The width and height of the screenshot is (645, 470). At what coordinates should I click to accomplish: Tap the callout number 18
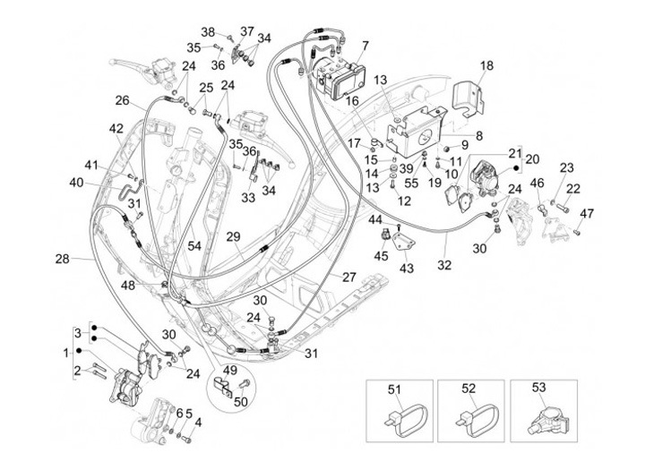[486, 65]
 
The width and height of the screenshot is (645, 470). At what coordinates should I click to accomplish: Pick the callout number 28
[61, 259]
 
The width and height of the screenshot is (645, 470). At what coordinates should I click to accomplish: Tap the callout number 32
[444, 265]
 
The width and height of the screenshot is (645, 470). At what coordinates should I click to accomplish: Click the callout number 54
[195, 245]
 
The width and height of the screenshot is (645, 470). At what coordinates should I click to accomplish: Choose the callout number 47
[587, 213]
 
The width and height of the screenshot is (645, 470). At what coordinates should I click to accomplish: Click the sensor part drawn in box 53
[541, 420]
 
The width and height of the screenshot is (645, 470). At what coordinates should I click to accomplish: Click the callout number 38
[207, 32]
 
